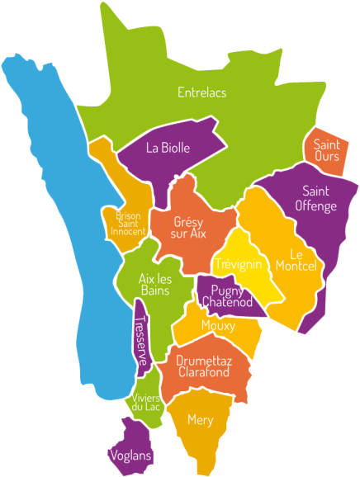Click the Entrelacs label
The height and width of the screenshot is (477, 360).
201,93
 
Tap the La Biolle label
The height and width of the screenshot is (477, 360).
168,149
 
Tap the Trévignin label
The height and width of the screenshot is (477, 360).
238,265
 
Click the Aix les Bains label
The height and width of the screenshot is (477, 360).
154,285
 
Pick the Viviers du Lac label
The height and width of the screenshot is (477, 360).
145,402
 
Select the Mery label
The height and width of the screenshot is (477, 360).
200,420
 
